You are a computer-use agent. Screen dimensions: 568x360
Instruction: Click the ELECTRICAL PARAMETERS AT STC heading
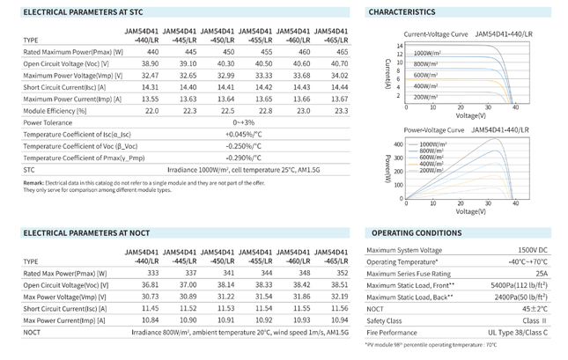coord(83,12)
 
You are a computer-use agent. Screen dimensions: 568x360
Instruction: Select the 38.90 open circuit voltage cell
coord(150,63)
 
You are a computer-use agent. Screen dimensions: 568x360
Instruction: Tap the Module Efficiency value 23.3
coord(341,111)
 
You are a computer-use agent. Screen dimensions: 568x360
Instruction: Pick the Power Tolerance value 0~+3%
coord(243,122)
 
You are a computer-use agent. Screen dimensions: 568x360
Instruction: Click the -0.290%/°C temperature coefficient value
coord(243,158)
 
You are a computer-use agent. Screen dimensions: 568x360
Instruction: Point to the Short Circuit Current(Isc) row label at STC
coord(64,87)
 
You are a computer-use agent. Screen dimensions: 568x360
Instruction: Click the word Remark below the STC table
coord(33,183)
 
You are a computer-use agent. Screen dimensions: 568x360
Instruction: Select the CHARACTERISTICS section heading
coord(402,12)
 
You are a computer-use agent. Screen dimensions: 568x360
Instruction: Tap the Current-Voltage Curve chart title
coord(435,34)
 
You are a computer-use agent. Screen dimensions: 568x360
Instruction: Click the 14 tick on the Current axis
coord(400,46)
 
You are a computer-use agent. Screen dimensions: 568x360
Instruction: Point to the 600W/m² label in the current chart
coord(425,76)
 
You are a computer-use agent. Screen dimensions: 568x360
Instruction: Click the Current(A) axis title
coord(387,74)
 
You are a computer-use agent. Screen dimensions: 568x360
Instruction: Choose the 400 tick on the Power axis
coord(398,144)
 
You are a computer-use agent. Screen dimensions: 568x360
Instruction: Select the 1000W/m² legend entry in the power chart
coord(432,144)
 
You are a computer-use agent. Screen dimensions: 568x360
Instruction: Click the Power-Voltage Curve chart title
coord(433,130)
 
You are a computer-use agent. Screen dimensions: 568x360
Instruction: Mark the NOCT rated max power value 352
coord(342,273)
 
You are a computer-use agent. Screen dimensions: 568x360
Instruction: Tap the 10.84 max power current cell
coord(150,320)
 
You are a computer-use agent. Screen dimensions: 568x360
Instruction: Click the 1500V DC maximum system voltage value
coord(533,250)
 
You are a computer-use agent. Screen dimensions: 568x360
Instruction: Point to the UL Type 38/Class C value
coord(517,333)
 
